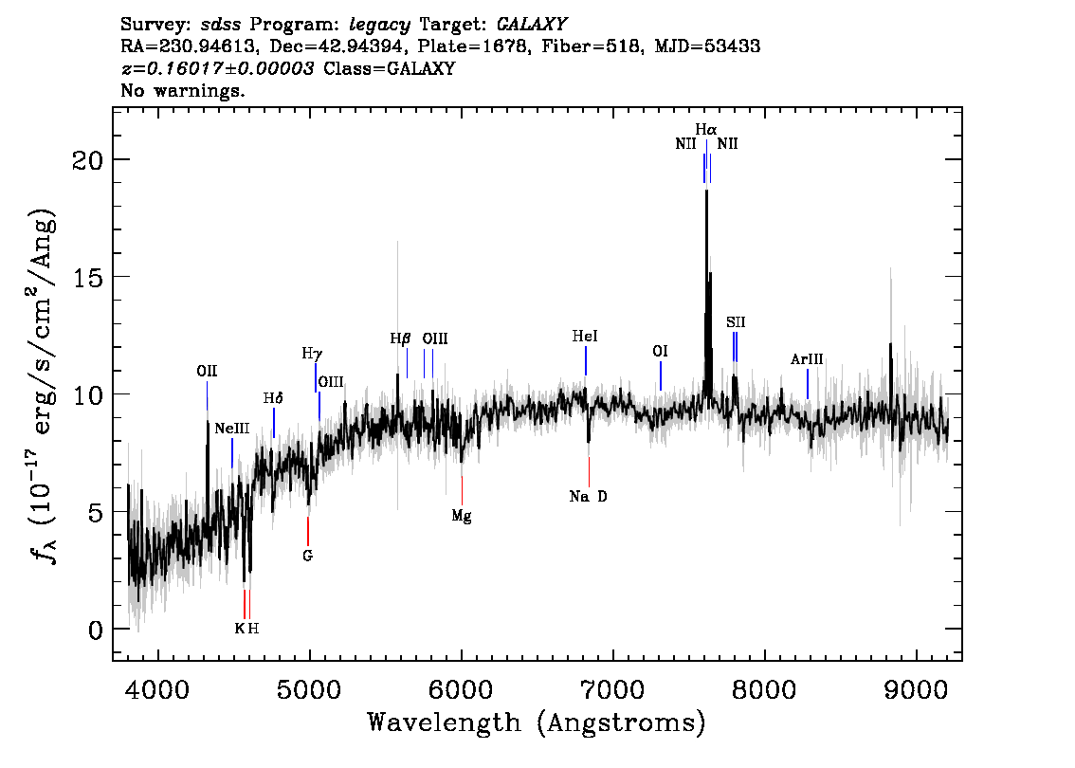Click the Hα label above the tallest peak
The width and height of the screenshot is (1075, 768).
point(705,129)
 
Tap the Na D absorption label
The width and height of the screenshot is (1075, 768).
point(588,497)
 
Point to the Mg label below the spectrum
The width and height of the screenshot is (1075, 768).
point(461,517)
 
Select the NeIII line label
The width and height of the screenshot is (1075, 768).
point(231,429)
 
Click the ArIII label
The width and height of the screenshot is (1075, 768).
point(807,359)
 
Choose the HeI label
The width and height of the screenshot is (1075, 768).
point(585,337)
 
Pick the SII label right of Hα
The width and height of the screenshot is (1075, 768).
point(736,322)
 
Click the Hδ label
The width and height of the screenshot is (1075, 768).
point(273,398)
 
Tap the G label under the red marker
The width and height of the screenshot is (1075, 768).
point(307,556)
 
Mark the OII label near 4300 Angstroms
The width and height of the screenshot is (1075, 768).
point(207,371)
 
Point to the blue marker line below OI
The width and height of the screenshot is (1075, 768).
point(661,375)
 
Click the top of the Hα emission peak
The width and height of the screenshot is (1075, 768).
point(705,192)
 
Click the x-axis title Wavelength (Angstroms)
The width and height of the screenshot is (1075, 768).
point(537,723)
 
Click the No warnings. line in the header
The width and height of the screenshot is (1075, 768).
point(183,92)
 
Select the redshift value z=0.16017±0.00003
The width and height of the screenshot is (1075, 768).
point(218,69)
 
